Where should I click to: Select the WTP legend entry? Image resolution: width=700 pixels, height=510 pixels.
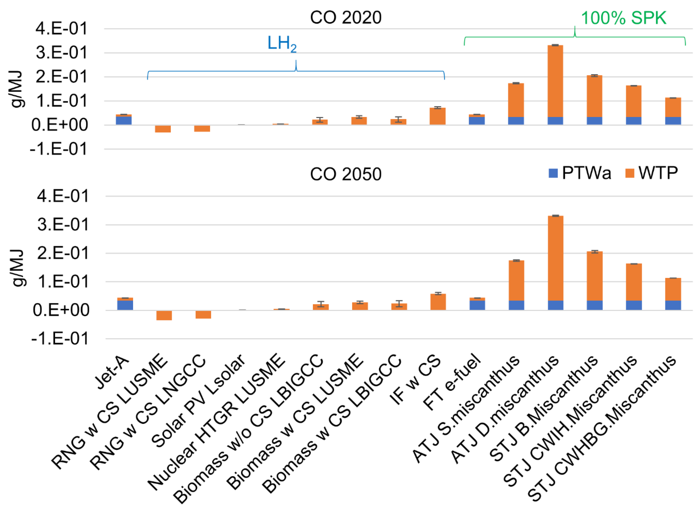(x=652, y=173)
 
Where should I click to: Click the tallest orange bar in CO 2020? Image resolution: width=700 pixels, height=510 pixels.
(x=555, y=80)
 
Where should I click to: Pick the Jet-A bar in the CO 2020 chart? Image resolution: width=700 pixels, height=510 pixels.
(x=124, y=120)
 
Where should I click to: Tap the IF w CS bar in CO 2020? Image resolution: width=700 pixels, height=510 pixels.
(x=437, y=116)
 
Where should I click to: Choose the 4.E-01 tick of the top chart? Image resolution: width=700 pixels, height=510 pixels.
(x=62, y=29)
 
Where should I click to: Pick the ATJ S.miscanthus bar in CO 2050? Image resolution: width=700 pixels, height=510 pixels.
(x=516, y=281)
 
